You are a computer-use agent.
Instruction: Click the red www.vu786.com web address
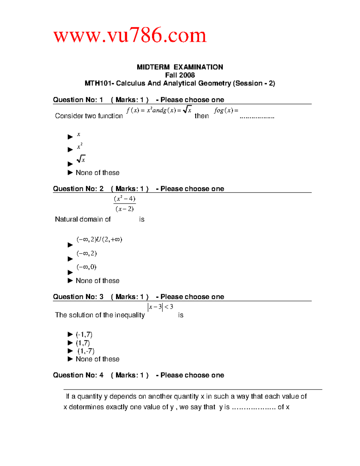point(130,35)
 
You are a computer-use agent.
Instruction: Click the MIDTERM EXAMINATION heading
point(180,67)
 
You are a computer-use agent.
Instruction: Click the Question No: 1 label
point(78,100)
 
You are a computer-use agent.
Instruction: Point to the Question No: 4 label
point(78,375)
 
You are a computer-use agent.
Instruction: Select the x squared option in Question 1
point(79,146)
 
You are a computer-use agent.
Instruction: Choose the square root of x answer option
point(81,159)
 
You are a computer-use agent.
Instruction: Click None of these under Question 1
point(97,173)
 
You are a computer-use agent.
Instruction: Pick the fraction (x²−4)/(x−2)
point(125,204)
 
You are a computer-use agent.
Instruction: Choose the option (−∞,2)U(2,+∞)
point(99,239)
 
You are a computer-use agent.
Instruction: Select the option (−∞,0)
point(86,267)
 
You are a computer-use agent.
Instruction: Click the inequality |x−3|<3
point(160,307)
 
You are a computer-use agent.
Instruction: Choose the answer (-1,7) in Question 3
point(84,335)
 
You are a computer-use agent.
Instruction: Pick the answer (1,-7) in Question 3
point(86,351)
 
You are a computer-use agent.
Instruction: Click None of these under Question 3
point(97,359)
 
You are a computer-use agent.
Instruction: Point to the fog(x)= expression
point(226,110)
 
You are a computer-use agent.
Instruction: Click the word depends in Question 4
point(123,396)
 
